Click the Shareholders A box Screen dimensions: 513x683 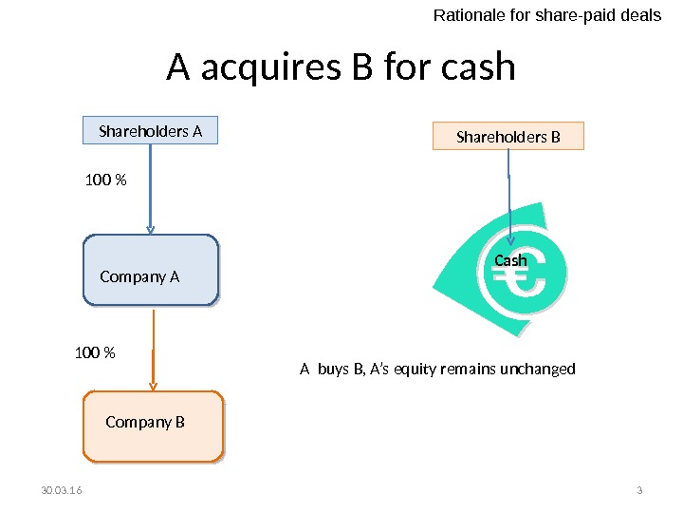[151, 131]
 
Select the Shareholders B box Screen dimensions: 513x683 [508, 137]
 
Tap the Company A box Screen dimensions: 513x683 [151, 271]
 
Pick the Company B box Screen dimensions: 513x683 [154, 427]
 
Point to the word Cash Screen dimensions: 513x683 [510, 259]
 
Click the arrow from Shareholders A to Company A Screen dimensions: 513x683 [150, 190]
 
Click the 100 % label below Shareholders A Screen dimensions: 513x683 [106, 179]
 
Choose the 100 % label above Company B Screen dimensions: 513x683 [95, 353]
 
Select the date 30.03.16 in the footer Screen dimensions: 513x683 [62, 490]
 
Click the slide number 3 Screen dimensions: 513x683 [639, 490]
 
